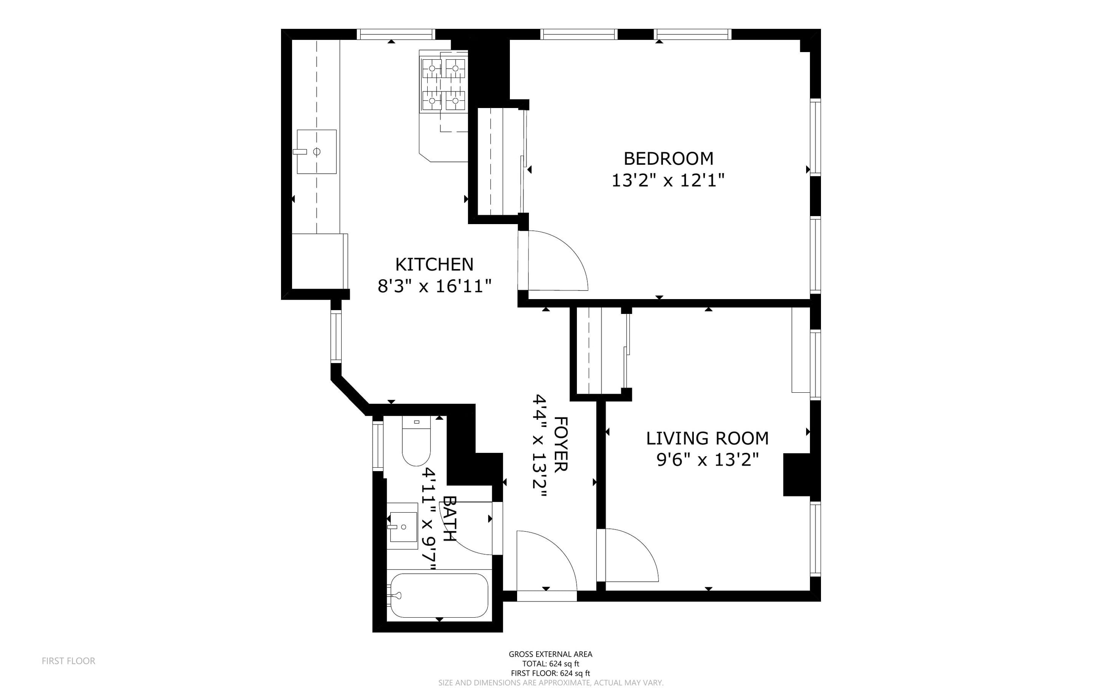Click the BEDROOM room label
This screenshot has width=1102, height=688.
[668, 158]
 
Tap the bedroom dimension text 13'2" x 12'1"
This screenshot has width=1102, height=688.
[668, 180]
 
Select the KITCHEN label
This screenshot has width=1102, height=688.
[434, 264]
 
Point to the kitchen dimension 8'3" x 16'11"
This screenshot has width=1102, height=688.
[435, 286]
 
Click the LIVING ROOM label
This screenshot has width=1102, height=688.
[707, 438]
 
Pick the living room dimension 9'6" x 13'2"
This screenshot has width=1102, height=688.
[708, 460]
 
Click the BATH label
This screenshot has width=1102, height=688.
[449, 518]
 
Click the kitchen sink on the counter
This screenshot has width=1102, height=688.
[317, 152]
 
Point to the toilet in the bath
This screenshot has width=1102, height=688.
[416, 441]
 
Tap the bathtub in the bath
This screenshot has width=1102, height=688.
[439, 595]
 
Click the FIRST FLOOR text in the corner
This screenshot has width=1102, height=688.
[68, 661]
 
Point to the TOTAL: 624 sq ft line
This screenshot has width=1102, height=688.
[550, 664]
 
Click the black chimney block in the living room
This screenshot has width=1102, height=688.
[796, 474]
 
